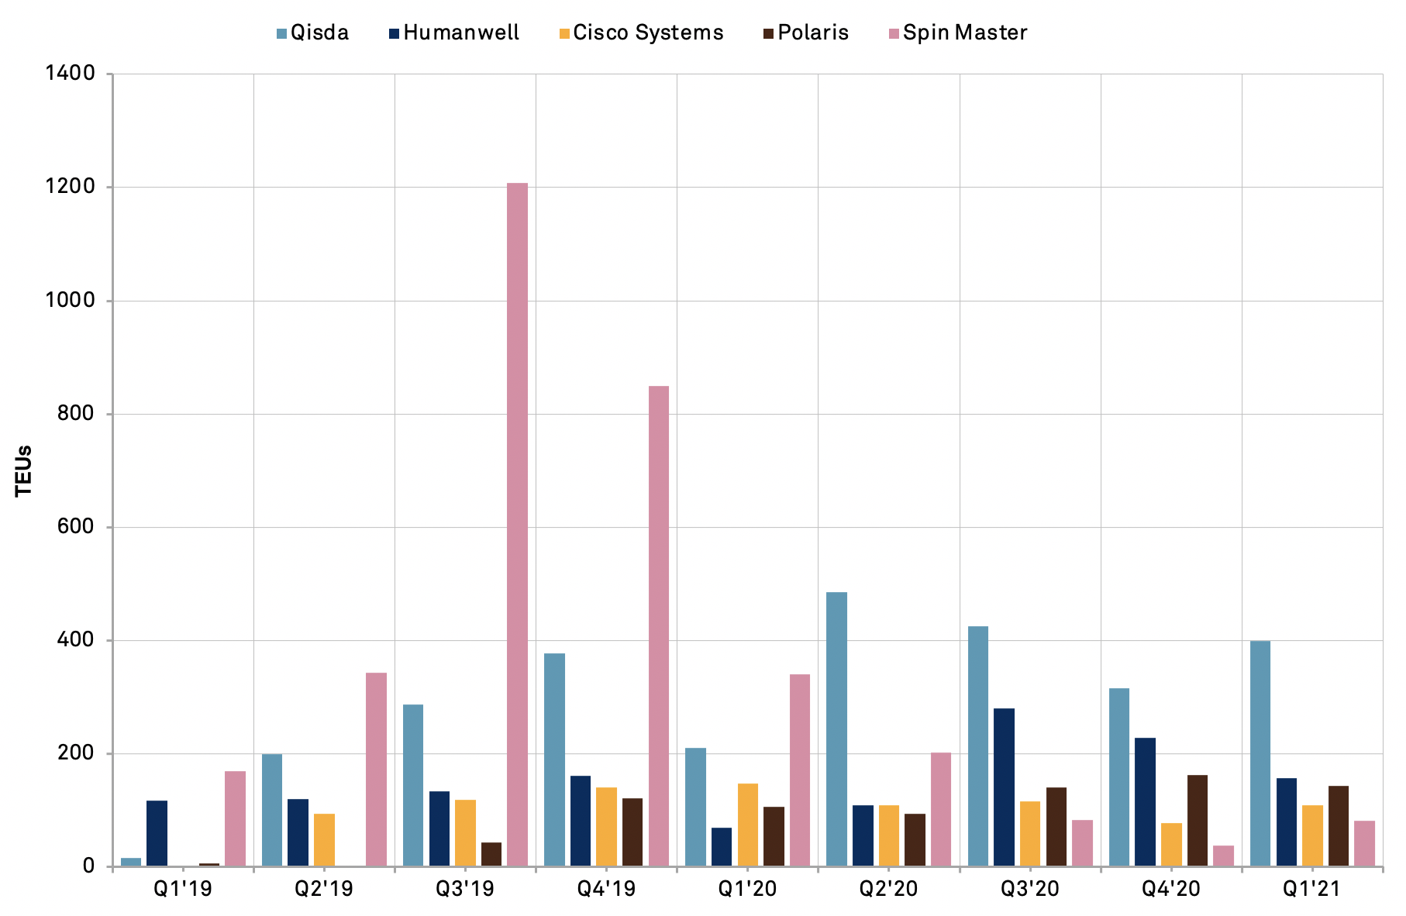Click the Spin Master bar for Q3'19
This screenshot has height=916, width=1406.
(x=517, y=525)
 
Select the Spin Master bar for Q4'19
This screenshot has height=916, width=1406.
(x=658, y=626)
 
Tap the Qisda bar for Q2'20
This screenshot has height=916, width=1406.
(x=836, y=729)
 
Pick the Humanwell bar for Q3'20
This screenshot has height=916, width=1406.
(x=1004, y=787)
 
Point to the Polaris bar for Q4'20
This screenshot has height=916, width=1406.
(x=1197, y=821)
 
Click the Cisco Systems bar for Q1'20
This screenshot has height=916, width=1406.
(x=747, y=825)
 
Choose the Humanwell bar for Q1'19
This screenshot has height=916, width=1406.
(x=157, y=833)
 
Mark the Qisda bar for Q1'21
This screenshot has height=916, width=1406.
(x=1260, y=753)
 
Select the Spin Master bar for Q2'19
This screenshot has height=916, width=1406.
(x=376, y=770)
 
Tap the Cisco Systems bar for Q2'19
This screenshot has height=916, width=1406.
(x=324, y=840)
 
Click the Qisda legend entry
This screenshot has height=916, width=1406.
(x=312, y=33)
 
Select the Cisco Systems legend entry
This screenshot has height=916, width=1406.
(x=640, y=33)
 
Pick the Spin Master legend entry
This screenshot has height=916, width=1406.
(x=958, y=33)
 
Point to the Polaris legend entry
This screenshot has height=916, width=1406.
(x=806, y=33)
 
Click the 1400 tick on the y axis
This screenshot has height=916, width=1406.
(x=70, y=74)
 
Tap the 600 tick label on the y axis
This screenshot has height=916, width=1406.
(x=75, y=527)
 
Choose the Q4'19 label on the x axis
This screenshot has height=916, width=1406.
(x=606, y=888)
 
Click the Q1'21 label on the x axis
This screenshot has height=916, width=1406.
(x=1311, y=888)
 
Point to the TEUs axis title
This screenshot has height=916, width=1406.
(x=24, y=470)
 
